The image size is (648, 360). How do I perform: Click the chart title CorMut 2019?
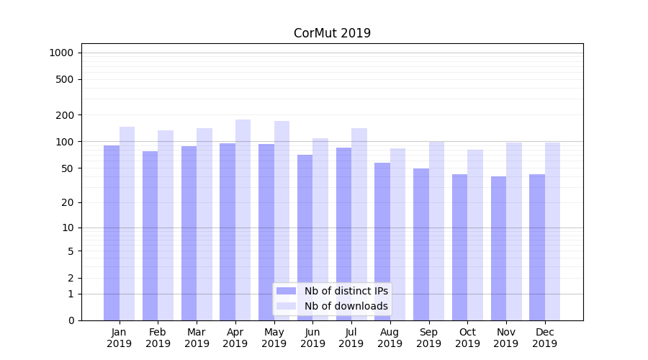[332, 33]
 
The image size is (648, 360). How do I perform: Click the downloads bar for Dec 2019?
[552, 231]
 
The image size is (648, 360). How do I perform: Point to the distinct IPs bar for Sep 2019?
[421, 244]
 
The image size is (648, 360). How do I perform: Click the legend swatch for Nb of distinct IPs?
[286, 291]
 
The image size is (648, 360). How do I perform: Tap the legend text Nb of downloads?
[346, 306]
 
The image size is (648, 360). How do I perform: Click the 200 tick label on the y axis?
[65, 115]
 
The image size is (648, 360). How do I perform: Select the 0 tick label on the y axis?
[71, 320]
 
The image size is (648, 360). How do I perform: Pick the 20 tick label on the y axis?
[68, 202]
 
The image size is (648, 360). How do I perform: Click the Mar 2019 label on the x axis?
[197, 338]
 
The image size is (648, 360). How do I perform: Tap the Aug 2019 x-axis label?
[390, 338]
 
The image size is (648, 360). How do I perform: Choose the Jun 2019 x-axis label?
[312, 338]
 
